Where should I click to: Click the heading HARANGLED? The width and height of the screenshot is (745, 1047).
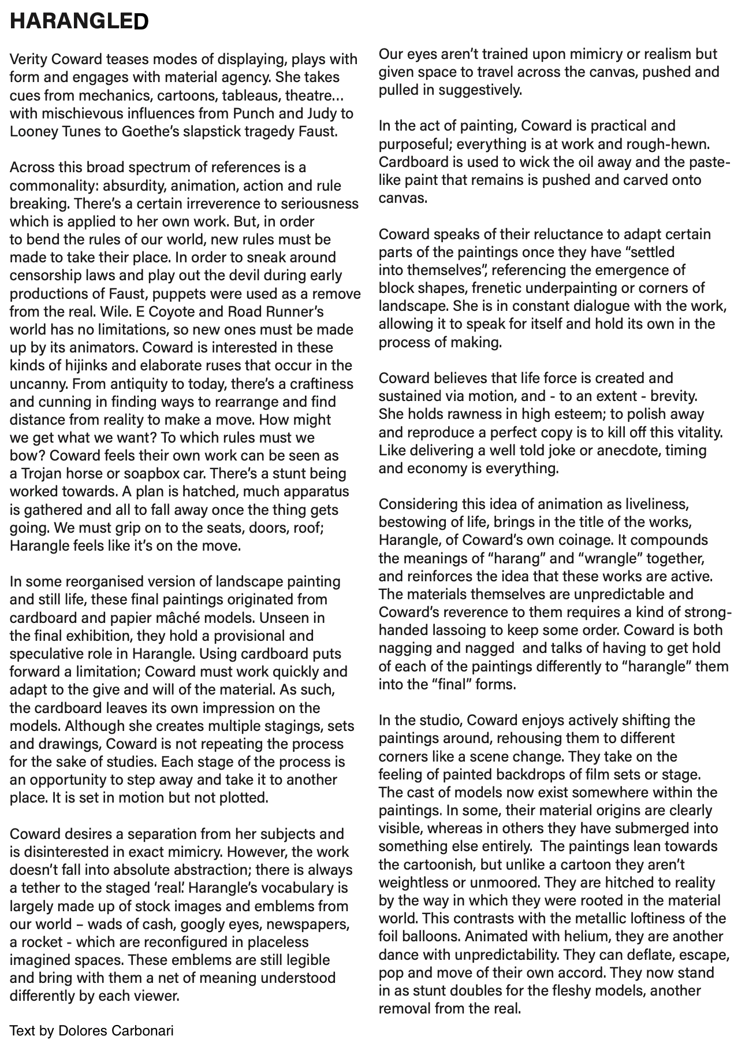(x=79, y=21)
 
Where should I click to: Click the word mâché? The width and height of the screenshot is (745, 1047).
(x=188, y=617)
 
